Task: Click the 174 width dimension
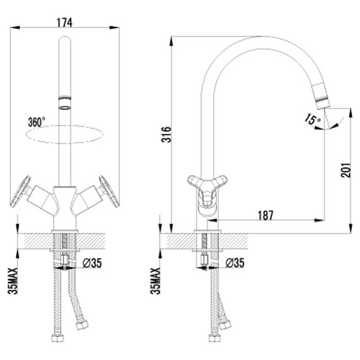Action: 64,23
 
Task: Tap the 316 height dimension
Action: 166,134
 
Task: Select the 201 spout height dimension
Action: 346,170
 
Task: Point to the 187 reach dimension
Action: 266,215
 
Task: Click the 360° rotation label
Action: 37,122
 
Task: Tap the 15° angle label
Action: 313,120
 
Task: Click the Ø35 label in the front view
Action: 92,263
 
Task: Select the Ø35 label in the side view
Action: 235,263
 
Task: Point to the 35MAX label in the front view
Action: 13,281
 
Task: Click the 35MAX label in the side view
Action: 155,281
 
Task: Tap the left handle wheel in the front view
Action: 20,192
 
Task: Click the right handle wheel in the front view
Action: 109,192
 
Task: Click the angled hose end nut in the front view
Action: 82,325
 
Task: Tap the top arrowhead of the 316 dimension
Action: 171,41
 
